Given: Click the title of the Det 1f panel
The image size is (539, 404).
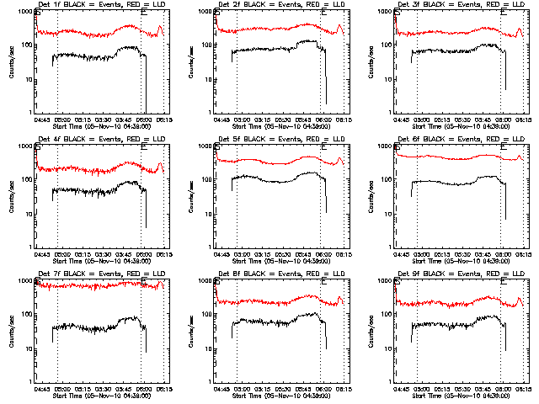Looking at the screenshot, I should [97, 5].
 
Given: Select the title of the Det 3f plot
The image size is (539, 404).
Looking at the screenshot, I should [456, 5].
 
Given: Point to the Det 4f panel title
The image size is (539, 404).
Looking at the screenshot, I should [97, 139].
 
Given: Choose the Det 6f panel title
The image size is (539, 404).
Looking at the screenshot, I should [456, 139].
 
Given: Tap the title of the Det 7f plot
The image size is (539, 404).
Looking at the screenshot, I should [97, 274].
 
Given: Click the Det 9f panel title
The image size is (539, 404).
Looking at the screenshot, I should [456, 274].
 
